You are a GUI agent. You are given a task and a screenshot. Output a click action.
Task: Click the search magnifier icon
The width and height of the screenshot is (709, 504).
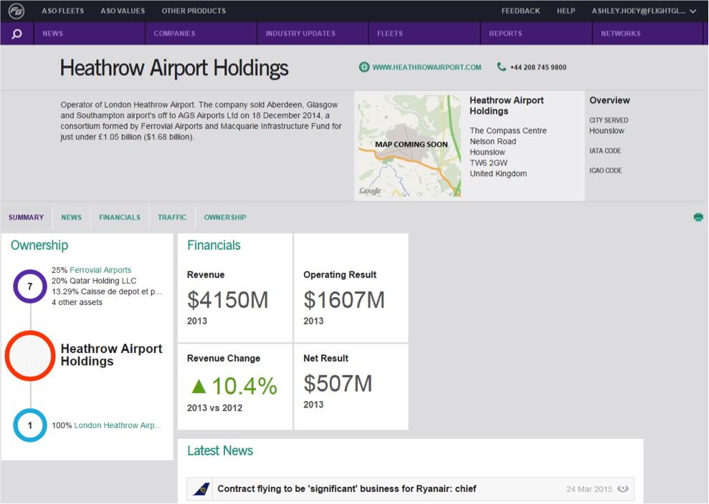(16, 34)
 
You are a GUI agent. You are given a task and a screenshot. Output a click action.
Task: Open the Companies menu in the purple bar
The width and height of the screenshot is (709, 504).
(174, 34)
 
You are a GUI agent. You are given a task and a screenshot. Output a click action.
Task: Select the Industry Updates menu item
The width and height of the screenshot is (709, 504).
(300, 34)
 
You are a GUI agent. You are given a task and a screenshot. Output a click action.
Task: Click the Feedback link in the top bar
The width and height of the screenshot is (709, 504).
(520, 11)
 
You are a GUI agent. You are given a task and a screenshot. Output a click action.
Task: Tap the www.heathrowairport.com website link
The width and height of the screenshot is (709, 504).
(427, 67)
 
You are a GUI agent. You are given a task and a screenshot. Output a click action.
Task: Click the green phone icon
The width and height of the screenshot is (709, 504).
(501, 67)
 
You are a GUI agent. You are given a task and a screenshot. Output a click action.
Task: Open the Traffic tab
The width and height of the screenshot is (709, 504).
(172, 217)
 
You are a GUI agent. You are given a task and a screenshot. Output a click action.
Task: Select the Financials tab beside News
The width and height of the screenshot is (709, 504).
(120, 217)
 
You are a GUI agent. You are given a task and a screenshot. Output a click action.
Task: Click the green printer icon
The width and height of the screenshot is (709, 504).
(698, 217)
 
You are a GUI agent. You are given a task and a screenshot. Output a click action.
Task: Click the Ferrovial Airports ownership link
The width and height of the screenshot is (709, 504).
(100, 270)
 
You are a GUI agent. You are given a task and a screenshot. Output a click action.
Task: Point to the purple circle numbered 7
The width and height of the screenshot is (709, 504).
(30, 270)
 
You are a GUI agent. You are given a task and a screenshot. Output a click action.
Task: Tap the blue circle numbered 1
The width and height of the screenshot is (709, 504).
(30, 409)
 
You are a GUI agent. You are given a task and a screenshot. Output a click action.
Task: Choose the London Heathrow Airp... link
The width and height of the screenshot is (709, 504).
(118, 425)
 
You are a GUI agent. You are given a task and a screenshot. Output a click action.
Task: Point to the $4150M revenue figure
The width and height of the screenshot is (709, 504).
(228, 300)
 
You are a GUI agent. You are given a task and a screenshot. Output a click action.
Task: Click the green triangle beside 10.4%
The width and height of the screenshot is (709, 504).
(199, 386)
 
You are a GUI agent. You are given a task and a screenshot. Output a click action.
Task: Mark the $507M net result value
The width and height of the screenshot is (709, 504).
(338, 384)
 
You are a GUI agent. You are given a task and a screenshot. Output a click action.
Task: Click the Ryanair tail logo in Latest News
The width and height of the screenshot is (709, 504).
(201, 489)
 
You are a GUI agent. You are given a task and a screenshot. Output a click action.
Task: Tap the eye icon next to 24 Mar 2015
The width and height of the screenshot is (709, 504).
(623, 489)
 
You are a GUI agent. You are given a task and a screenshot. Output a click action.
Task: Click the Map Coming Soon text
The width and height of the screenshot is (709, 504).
(411, 145)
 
